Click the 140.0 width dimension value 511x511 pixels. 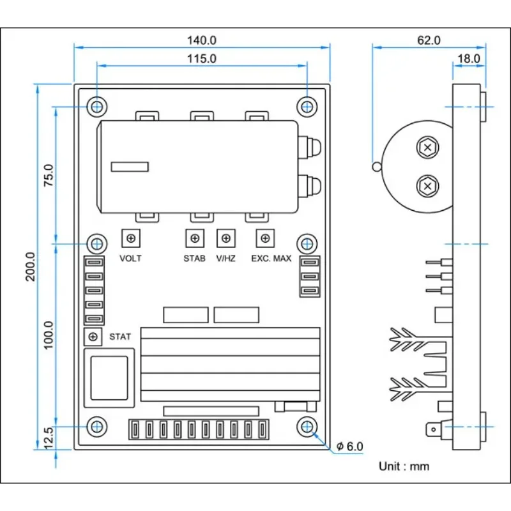201,40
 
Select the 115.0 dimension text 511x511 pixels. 201,59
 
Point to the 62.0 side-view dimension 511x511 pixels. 429,40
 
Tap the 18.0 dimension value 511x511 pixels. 469,59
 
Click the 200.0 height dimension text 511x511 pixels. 30,266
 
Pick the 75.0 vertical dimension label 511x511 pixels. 49,175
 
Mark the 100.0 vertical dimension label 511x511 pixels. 49,335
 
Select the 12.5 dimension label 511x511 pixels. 48,438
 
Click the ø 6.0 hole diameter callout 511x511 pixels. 349,446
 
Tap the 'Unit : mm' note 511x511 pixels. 404,466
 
